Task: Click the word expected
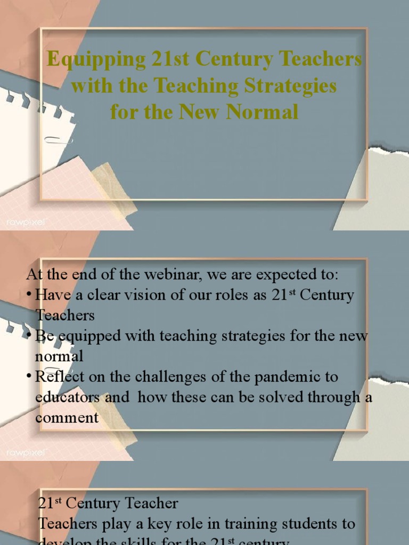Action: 285,275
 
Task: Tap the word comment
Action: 67,418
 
